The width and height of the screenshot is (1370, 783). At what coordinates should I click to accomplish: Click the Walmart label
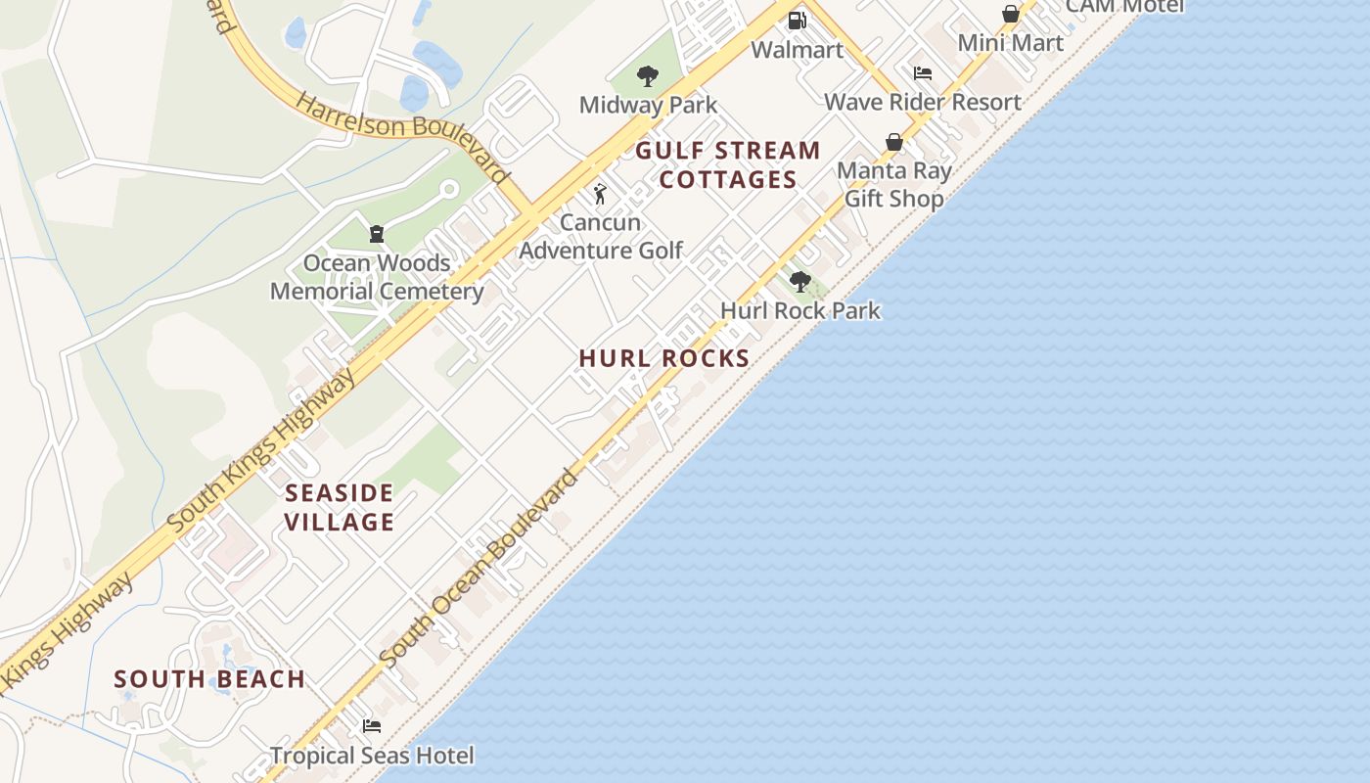coord(797,49)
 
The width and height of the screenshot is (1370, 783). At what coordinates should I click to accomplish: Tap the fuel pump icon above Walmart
coord(797,20)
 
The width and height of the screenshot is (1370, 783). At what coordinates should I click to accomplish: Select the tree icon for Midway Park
coord(647,75)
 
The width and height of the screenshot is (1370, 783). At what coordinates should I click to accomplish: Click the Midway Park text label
coord(648,105)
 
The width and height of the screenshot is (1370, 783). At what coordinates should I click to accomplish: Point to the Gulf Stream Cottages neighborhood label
coord(728,164)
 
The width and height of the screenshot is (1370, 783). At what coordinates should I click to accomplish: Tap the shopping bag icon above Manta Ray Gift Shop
coord(893,142)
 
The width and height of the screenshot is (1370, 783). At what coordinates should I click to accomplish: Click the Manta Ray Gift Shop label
coord(893,185)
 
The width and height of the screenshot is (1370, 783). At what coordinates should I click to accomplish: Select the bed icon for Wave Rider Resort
coord(922,72)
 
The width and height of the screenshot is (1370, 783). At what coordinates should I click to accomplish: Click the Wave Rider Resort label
coord(922,102)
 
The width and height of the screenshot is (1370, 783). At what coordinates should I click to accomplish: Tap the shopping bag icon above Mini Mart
coord(1010,14)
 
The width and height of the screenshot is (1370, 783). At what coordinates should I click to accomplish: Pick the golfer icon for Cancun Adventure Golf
coord(600,193)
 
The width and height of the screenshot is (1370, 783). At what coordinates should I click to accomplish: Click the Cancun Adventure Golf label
coord(600,236)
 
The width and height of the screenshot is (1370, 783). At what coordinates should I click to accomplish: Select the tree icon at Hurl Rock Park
coord(799,282)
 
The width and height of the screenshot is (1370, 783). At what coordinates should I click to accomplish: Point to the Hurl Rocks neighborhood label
coord(663,358)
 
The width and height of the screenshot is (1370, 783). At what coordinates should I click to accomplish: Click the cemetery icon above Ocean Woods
coord(376,233)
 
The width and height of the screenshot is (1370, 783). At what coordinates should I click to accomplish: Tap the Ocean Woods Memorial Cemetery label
coord(377,277)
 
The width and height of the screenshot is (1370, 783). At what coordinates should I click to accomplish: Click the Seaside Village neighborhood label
coord(339,507)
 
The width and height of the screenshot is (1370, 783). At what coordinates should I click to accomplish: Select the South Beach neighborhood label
coord(209,678)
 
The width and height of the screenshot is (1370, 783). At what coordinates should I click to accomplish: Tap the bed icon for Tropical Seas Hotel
coord(371,726)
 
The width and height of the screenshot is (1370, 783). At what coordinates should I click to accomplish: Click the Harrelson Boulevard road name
coord(402,138)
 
